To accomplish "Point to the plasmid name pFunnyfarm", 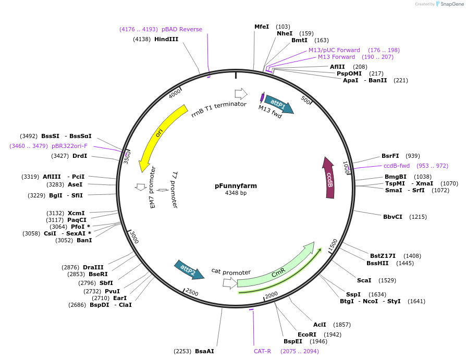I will pos(236,185).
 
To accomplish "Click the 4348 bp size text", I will pos(236,193).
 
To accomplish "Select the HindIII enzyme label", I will pos(166,39).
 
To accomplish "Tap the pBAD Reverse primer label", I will pos(182,29).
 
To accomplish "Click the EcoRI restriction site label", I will pos(307,334).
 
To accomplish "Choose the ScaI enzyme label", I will pos(364,280).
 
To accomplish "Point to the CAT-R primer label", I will pos(263,351).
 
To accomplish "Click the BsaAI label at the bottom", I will pos(204,351).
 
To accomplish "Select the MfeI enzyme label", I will pos(262,27).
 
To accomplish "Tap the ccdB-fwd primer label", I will pos(397,166).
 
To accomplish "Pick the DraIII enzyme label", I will pos(93,267).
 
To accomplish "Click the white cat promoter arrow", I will pos(229,283).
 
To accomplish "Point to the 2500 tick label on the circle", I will pos(192,293).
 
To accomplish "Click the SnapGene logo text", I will pos(451,4).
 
